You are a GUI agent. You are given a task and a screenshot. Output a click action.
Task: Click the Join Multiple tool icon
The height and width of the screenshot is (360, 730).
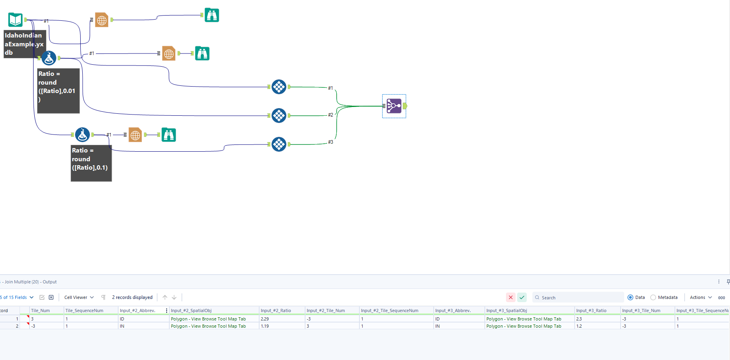coord(394,106)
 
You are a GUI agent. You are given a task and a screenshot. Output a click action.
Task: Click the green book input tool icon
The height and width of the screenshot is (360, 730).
coord(16,20)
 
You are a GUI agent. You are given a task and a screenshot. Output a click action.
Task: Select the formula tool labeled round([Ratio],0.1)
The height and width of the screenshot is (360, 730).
coord(82,135)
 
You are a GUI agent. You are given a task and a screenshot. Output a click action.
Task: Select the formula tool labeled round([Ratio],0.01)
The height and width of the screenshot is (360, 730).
coord(49,58)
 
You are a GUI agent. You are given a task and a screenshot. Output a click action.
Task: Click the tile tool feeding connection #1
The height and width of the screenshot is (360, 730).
coord(279,87)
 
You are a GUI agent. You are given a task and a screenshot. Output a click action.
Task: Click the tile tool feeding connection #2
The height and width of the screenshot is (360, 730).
coord(279,116)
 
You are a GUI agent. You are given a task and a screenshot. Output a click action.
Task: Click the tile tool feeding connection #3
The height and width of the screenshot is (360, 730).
coord(279,144)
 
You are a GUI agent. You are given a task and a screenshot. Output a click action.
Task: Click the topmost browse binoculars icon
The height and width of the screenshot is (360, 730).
coord(212,15)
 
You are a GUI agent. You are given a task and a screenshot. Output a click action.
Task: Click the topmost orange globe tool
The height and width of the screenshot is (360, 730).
coord(102,20)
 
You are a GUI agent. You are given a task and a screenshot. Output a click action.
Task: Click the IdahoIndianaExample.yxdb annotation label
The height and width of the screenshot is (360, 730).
coord(24,44)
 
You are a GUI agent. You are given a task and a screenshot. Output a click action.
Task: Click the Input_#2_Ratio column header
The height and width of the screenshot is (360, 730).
coord(276,311)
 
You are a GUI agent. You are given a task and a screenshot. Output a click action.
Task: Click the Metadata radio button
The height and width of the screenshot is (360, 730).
coord(653,297)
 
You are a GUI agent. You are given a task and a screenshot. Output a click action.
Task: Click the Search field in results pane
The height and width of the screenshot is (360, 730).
coord(579,297)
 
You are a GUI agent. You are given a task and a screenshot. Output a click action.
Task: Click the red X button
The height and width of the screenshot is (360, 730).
coord(510,297)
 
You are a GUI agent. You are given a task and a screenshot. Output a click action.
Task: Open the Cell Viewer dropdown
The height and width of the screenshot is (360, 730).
coord(79,297)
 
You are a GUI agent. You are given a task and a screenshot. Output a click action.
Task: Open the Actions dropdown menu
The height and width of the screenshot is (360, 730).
coord(701,297)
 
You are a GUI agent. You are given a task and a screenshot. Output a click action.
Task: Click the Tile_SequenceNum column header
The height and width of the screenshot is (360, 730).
coord(84,311)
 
